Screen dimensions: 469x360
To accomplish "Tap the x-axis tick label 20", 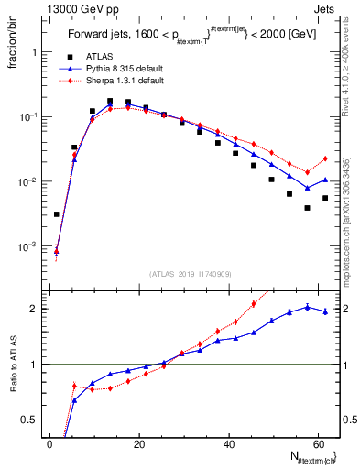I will click(138, 443).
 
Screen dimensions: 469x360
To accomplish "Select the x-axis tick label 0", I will click(50, 443).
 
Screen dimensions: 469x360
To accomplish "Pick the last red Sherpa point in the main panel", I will click(324, 158).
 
